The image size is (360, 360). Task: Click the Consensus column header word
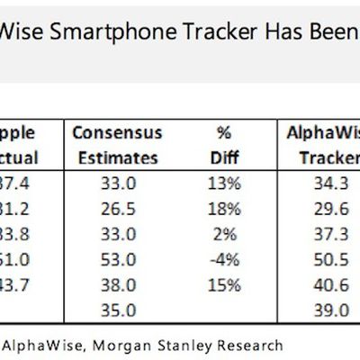[116, 133]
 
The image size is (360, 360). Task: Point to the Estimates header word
[116, 158]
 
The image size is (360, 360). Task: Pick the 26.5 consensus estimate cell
[117, 209]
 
